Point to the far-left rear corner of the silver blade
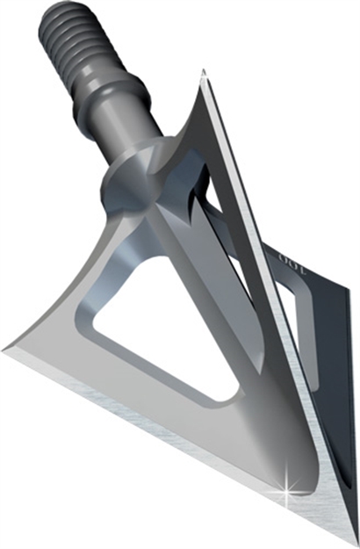(x=7, y=347)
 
